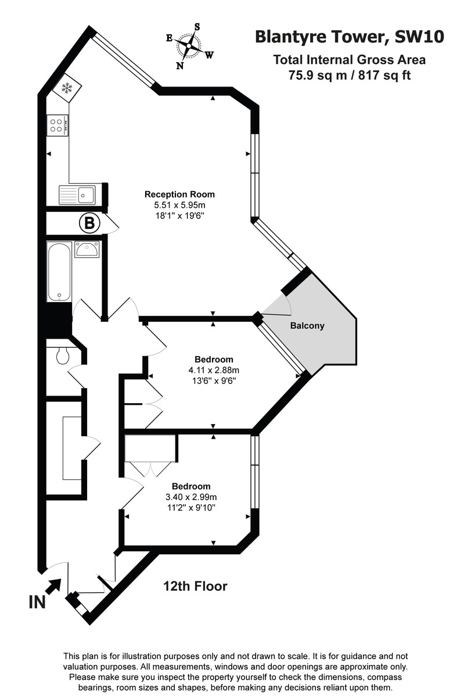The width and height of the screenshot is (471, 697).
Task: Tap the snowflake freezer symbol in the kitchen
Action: [66, 88]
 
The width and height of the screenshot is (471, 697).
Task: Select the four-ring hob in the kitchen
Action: [57, 125]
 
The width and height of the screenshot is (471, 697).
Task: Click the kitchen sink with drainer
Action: [78, 194]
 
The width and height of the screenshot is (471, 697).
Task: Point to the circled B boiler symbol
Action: [89, 222]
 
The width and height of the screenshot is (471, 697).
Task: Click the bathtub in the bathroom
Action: [58, 272]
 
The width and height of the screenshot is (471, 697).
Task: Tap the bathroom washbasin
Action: [87, 250]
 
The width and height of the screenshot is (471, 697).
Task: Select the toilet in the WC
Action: [63, 355]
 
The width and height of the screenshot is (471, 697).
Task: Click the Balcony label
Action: [307, 326]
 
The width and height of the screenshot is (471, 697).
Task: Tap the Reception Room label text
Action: [179, 195]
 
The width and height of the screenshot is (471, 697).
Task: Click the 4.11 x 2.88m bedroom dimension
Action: [214, 370]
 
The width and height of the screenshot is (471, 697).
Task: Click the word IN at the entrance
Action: [37, 602]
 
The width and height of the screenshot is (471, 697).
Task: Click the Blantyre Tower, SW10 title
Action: [350, 37]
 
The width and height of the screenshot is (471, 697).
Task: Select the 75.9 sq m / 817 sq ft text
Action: [350, 75]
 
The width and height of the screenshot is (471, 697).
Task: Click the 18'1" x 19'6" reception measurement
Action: [179, 215]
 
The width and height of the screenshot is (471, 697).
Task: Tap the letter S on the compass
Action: [197, 26]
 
